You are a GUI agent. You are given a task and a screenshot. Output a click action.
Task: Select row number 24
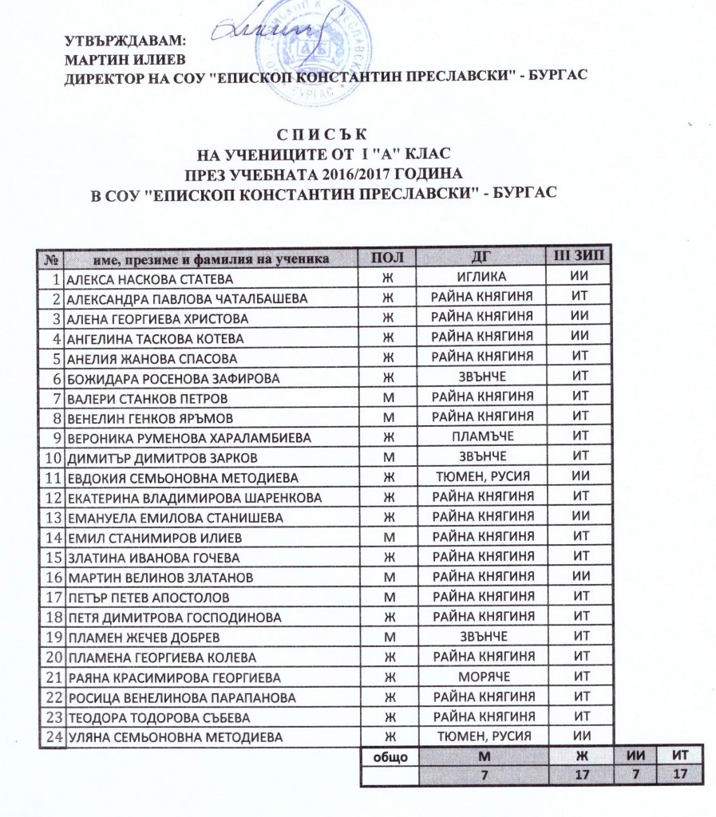click(53, 735)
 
